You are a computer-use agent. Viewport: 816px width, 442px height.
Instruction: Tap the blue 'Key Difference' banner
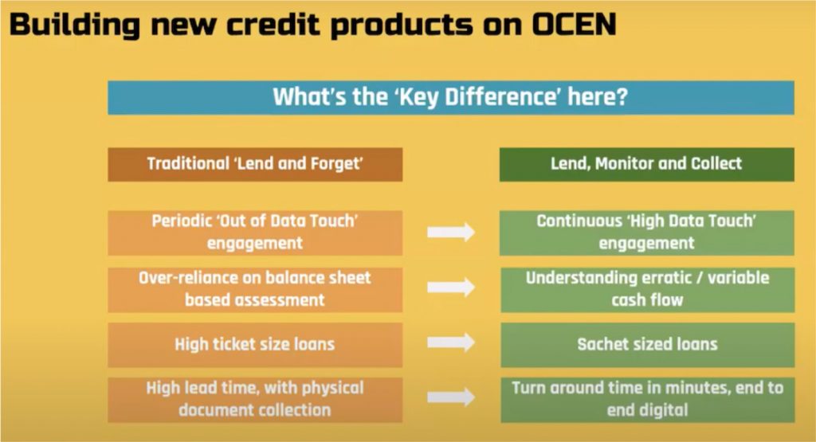click(x=451, y=97)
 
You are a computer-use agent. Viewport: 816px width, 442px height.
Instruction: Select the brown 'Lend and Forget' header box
click(x=255, y=164)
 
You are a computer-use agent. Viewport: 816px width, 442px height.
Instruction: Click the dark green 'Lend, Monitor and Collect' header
click(x=646, y=164)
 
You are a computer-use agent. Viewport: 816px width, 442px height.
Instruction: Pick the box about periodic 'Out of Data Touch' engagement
click(x=255, y=232)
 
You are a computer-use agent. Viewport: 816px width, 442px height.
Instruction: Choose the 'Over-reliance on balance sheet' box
click(x=255, y=288)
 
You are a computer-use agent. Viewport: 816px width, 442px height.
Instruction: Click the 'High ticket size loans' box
click(x=255, y=344)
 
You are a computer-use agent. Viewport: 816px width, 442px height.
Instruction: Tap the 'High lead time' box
click(x=255, y=399)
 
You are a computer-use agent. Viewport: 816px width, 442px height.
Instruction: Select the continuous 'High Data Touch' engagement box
click(x=646, y=232)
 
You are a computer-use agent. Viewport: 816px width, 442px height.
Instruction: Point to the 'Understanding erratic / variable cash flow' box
click(x=646, y=288)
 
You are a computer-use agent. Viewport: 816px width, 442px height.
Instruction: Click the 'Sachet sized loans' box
click(x=646, y=344)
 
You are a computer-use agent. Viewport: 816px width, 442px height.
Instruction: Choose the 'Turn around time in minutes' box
click(x=646, y=399)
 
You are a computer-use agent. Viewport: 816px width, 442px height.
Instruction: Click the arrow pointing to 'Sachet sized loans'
click(x=451, y=343)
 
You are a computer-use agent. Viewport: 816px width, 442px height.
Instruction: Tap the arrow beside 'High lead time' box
click(x=451, y=397)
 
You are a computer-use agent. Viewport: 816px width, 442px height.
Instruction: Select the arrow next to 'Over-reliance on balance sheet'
click(x=451, y=287)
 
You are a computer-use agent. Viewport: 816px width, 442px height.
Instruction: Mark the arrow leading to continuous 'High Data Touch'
click(x=451, y=233)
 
